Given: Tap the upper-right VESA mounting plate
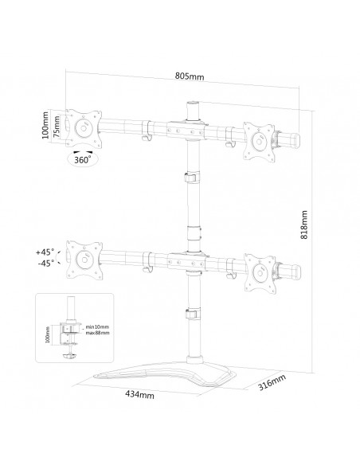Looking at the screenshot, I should (259, 138).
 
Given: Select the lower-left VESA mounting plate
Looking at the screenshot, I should (83, 256).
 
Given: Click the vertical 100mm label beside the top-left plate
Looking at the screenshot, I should (46, 126).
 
